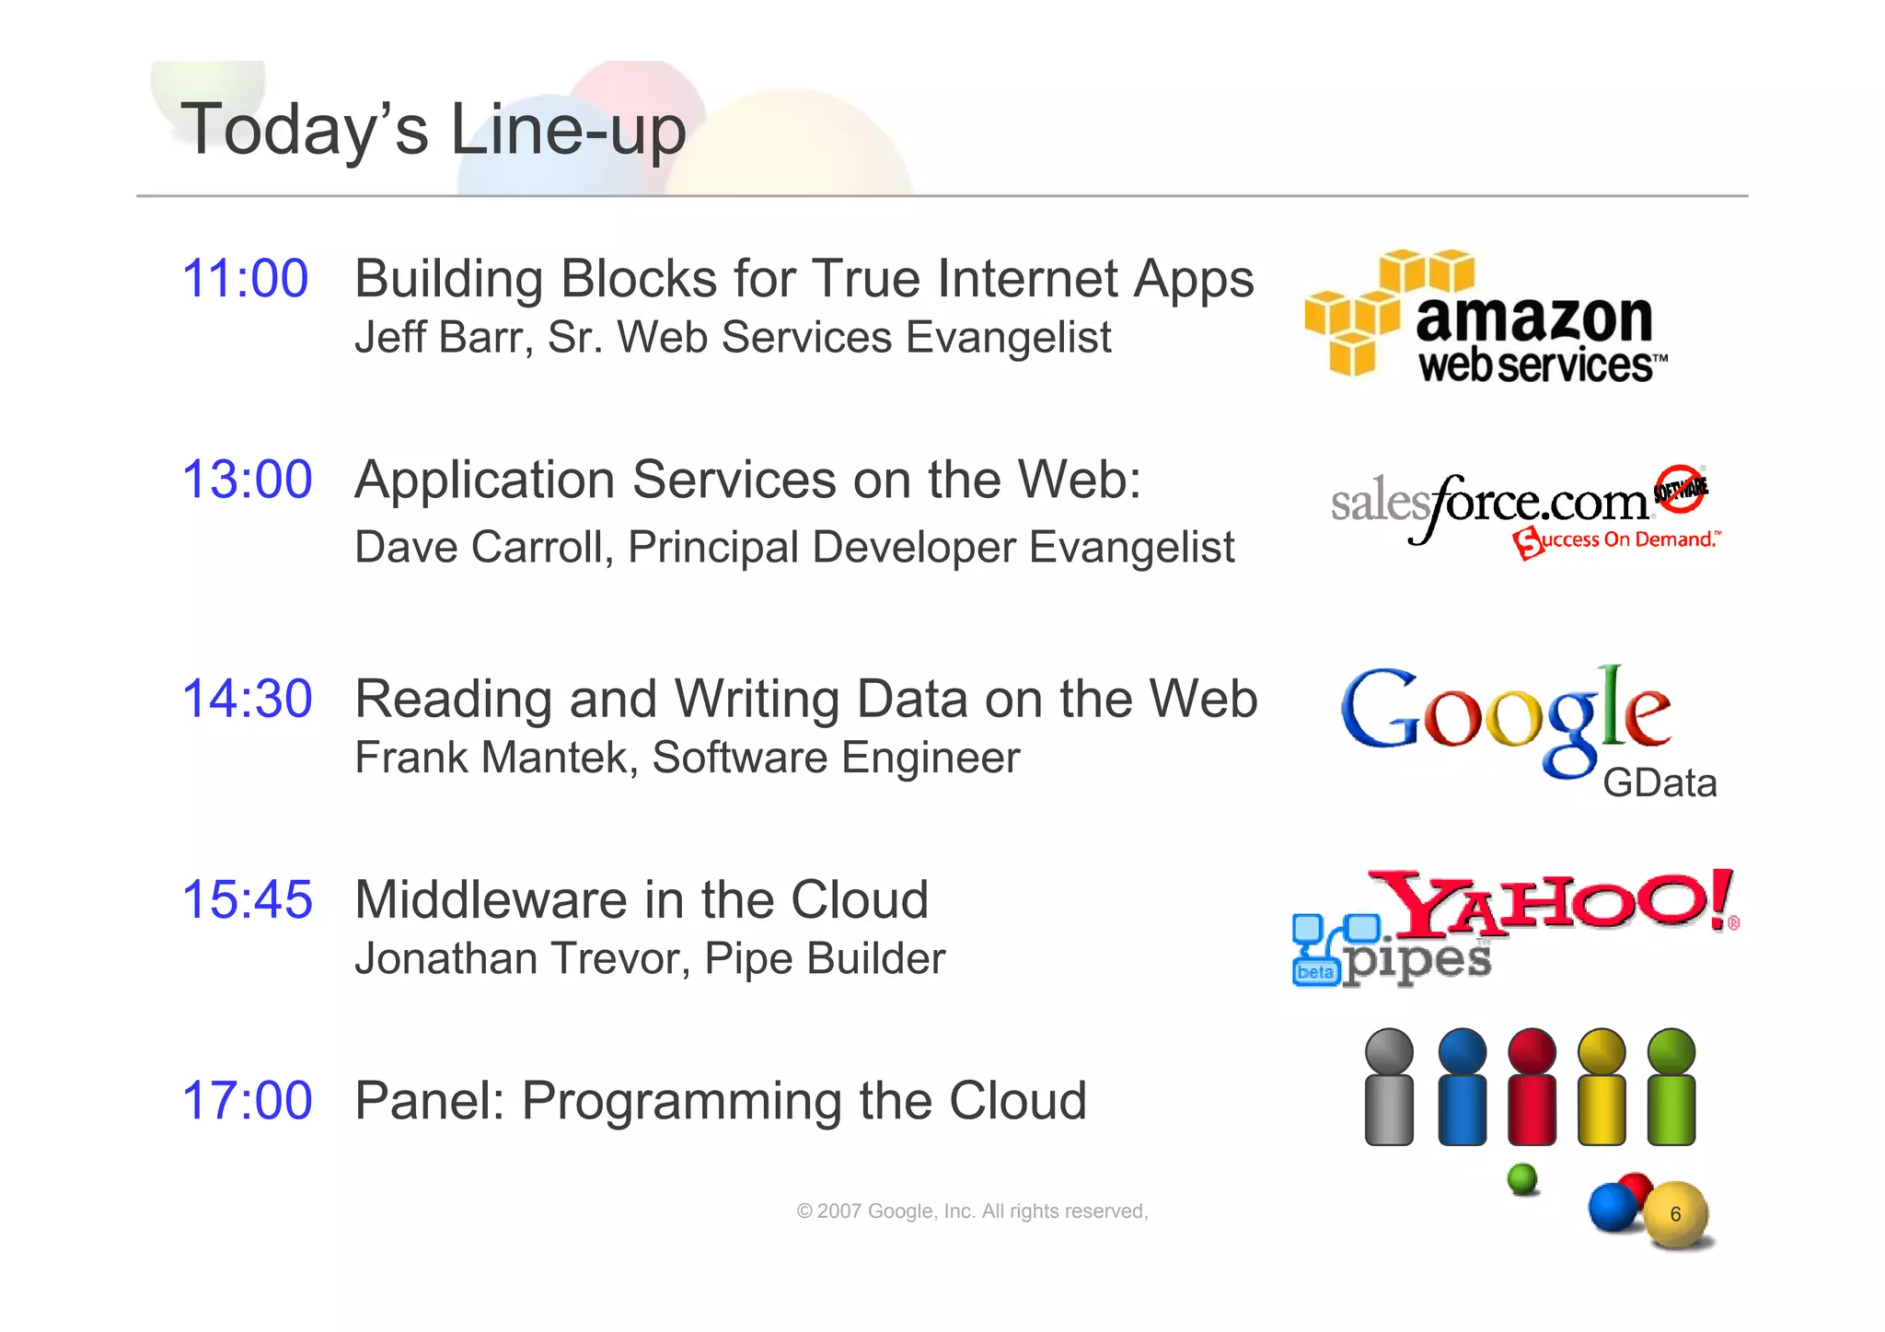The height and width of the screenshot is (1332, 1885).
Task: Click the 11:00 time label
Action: tap(245, 279)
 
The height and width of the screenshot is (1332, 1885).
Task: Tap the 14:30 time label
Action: tap(247, 699)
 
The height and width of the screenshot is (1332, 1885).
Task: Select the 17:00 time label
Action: tap(247, 1101)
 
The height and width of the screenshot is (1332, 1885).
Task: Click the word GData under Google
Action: tap(1659, 783)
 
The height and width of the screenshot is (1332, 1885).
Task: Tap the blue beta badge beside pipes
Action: tap(1315, 972)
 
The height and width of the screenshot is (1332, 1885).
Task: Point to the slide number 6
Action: tap(1675, 1214)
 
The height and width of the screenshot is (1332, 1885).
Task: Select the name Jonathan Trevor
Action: tap(522, 959)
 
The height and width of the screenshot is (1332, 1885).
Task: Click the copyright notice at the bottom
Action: tap(972, 1211)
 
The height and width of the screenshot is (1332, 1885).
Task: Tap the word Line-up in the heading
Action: tap(568, 130)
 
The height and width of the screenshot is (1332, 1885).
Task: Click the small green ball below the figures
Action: tap(1523, 1178)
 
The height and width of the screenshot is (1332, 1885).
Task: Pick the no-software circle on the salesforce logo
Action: tap(1680, 488)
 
